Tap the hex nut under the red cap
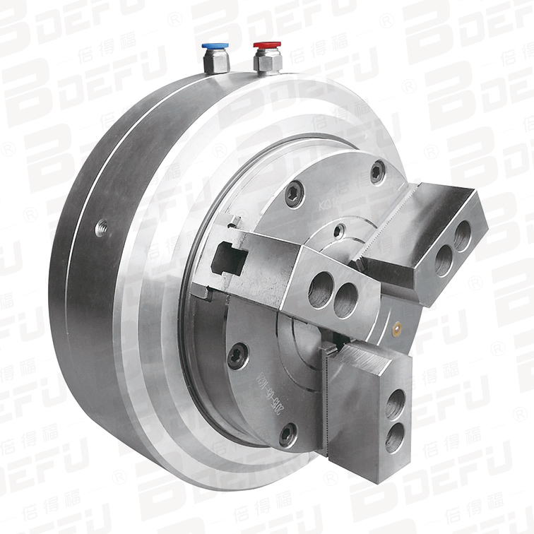(x=268, y=64)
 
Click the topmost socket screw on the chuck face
(x=378, y=170)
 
